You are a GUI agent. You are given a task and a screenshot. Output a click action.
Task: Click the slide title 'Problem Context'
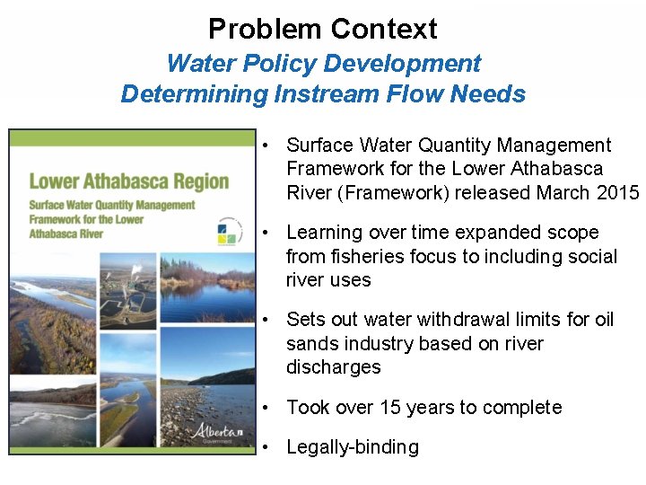[x=323, y=29]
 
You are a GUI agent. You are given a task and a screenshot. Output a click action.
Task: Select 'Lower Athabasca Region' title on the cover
[x=128, y=181]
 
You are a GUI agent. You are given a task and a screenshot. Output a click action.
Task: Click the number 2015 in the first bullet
[x=618, y=192]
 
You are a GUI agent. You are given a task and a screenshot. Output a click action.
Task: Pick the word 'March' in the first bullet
[x=563, y=192]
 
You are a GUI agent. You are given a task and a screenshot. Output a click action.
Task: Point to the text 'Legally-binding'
[x=352, y=447]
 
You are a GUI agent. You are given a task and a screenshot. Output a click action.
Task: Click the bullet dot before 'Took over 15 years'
[x=267, y=408]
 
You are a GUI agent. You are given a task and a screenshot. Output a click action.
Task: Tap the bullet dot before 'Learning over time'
[x=267, y=233]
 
